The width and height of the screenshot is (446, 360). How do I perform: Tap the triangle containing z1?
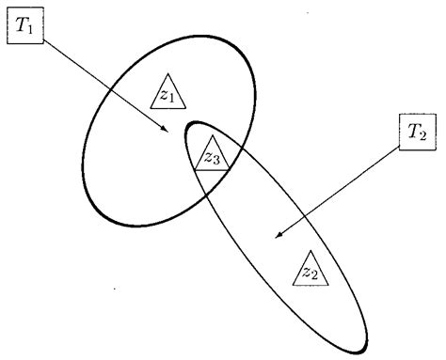pyautogui.click(x=167, y=92)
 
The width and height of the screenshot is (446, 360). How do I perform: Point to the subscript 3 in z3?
pyautogui.click(x=215, y=162)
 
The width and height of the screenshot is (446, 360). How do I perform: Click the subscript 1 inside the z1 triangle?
pyautogui.click(x=170, y=98)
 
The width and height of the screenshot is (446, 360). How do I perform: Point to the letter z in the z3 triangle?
pyautogui.click(x=207, y=158)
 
